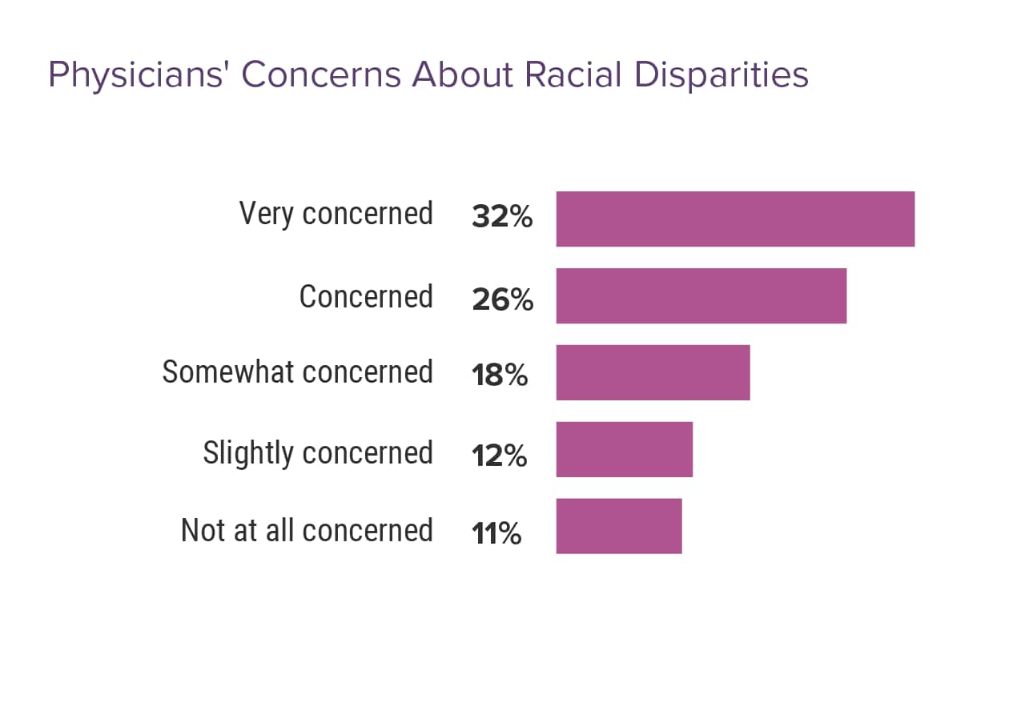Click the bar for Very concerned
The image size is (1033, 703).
(x=735, y=219)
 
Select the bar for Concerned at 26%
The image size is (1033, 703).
(x=701, y=296)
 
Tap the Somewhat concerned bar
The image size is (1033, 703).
(x=653, y=372)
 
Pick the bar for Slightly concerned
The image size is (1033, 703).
(x=624, y=449)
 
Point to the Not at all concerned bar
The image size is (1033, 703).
(x=618, y=526)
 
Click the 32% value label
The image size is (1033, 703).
(x=502, y=217)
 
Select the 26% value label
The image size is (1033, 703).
(x=502, y=299)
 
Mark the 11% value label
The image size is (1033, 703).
(x=496, y=533)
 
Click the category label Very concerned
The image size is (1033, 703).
(x=336, y=215)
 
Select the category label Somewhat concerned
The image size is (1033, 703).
(x=297, y=372)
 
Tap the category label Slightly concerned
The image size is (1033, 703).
(x=318, y=453)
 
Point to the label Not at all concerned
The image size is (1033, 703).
(x=307, y=530)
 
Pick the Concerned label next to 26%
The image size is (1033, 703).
(x=366, y=296)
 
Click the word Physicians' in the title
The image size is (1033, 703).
(x=139, y=75)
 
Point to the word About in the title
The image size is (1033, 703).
(x=462, y=74)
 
